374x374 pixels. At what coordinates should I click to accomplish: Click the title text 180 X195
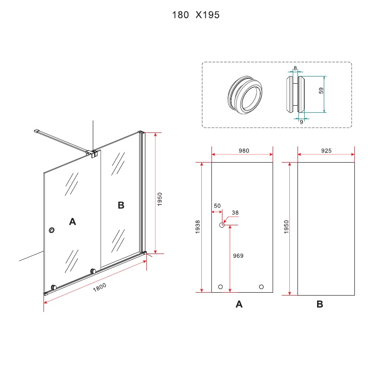(196, 15)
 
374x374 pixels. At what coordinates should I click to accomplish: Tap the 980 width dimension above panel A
(243, 150)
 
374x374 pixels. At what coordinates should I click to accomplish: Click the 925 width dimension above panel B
(326, 150)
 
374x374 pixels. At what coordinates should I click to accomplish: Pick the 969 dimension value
(238, 256)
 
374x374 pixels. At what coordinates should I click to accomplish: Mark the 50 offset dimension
(217, 206)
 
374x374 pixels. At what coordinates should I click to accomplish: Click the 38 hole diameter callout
(235, 213)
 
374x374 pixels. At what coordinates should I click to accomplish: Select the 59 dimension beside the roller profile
(321, 90)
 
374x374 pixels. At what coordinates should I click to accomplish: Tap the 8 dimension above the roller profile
(295, 68)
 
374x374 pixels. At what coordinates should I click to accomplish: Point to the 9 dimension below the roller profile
(301, 122)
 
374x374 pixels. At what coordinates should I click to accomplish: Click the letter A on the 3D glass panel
(72, 221)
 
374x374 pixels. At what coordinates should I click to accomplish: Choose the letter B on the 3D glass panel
(121, 205)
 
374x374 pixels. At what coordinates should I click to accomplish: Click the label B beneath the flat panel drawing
(320, 304)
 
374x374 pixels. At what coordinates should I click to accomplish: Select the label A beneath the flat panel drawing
(240, 304)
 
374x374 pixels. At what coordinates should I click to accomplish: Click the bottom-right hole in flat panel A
(261, 286)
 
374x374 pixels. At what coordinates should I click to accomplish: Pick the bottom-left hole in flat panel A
(220, 286)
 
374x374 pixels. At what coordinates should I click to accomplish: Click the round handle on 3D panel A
(52, 231)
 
